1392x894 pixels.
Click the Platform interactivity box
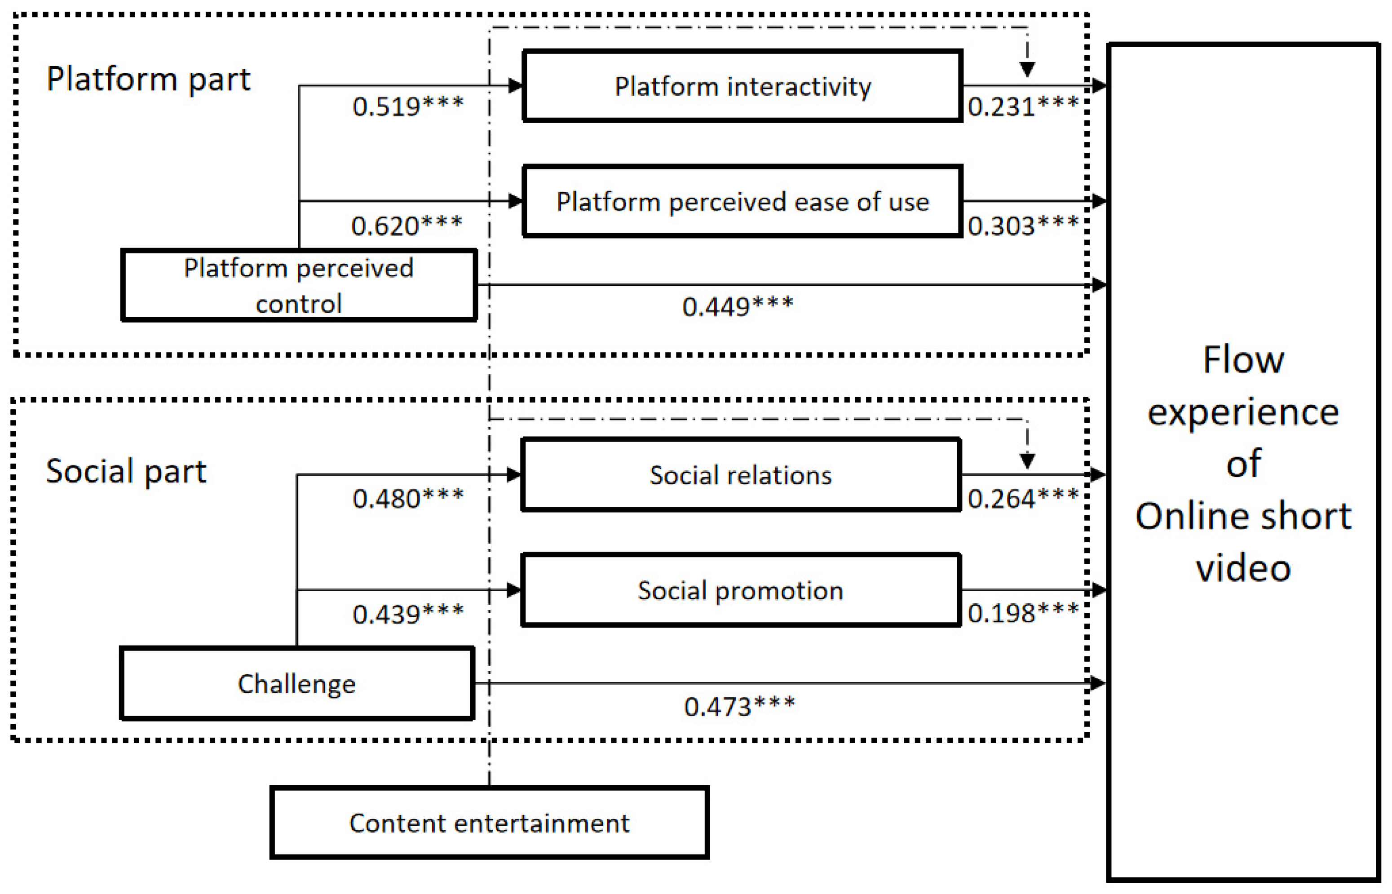(742, 87)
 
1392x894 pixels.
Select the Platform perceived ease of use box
(742, 201)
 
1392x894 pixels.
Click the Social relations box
(741, 475)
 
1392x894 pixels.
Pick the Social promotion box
(741, 590)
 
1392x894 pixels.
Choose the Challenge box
(296, 684)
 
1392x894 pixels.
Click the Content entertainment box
(489, 823)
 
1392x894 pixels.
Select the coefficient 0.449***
(737, 306)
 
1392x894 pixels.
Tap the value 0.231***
(1023, 106)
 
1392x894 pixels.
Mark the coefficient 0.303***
(1023, 225)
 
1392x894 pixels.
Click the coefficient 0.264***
(1023, 499)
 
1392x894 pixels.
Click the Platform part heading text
(148, 79)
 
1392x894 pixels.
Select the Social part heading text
(126, 471)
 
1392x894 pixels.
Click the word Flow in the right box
(1243, 360)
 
